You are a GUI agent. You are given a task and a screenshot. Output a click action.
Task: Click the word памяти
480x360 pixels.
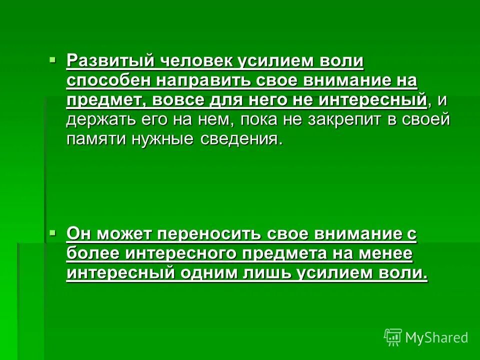pos(95,139)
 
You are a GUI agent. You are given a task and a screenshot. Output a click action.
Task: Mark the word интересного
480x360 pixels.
pos(181,253)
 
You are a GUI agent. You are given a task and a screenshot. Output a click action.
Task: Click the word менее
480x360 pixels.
pos(384,253)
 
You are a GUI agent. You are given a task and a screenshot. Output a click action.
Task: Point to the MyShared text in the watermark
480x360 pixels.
pos(436,337)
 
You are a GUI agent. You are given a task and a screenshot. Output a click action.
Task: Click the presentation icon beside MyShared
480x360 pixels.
pos(393,337)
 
